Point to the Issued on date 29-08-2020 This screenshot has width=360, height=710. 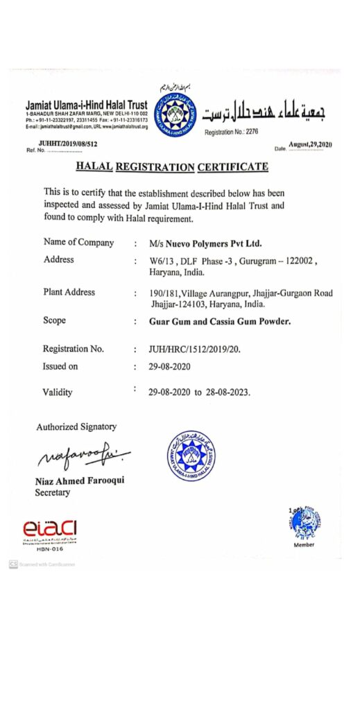click(169, 366)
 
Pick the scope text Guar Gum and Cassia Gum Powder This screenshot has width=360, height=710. click(221, 322)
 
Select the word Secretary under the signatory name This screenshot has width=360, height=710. click(53, 492)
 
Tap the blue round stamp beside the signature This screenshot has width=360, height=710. click(191, 456)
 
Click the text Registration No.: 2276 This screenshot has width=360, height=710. click(231, 132)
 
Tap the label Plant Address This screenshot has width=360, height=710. click(69, 292)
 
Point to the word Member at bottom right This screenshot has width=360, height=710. click(305, 544)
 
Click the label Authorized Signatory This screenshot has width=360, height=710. click(76, 426)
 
